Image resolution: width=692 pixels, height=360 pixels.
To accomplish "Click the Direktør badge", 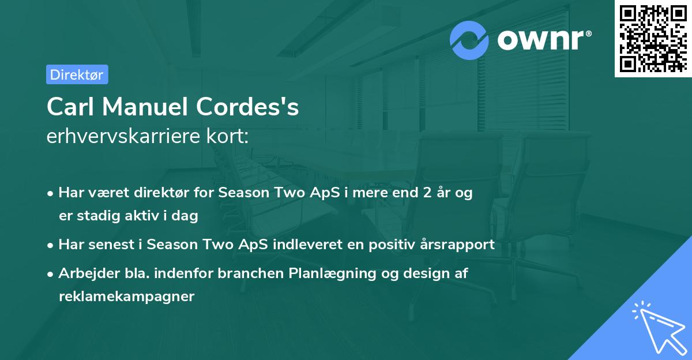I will (77, 74).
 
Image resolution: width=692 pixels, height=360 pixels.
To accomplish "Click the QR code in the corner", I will (653, 38).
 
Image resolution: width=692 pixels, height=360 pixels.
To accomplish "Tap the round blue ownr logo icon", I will (469, 40).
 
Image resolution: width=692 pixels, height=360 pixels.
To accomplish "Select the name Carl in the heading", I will (66, 107).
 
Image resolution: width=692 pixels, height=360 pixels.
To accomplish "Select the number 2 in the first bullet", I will (427, 193).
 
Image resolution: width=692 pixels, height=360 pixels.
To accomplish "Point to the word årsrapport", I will (457, 245).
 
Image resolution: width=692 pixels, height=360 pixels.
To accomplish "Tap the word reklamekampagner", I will (126, 297).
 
